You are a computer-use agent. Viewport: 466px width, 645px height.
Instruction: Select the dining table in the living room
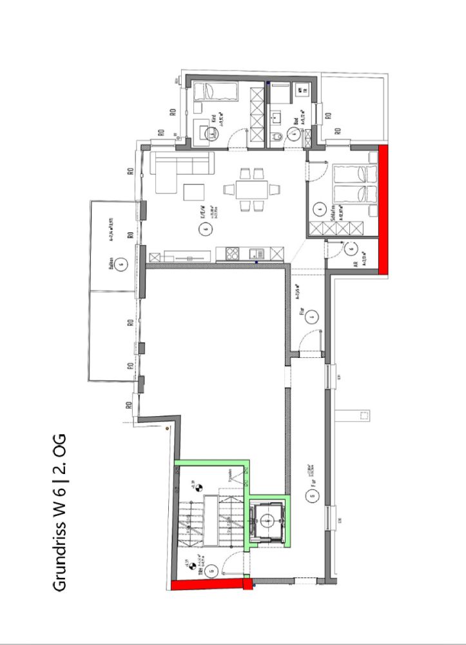coord(248,190)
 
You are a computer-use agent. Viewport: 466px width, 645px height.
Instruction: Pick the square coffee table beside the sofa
coord(194,192)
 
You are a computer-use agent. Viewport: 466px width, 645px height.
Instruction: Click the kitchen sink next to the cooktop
coord(255,253)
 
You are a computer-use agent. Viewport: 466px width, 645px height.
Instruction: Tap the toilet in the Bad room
coord(276,136)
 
